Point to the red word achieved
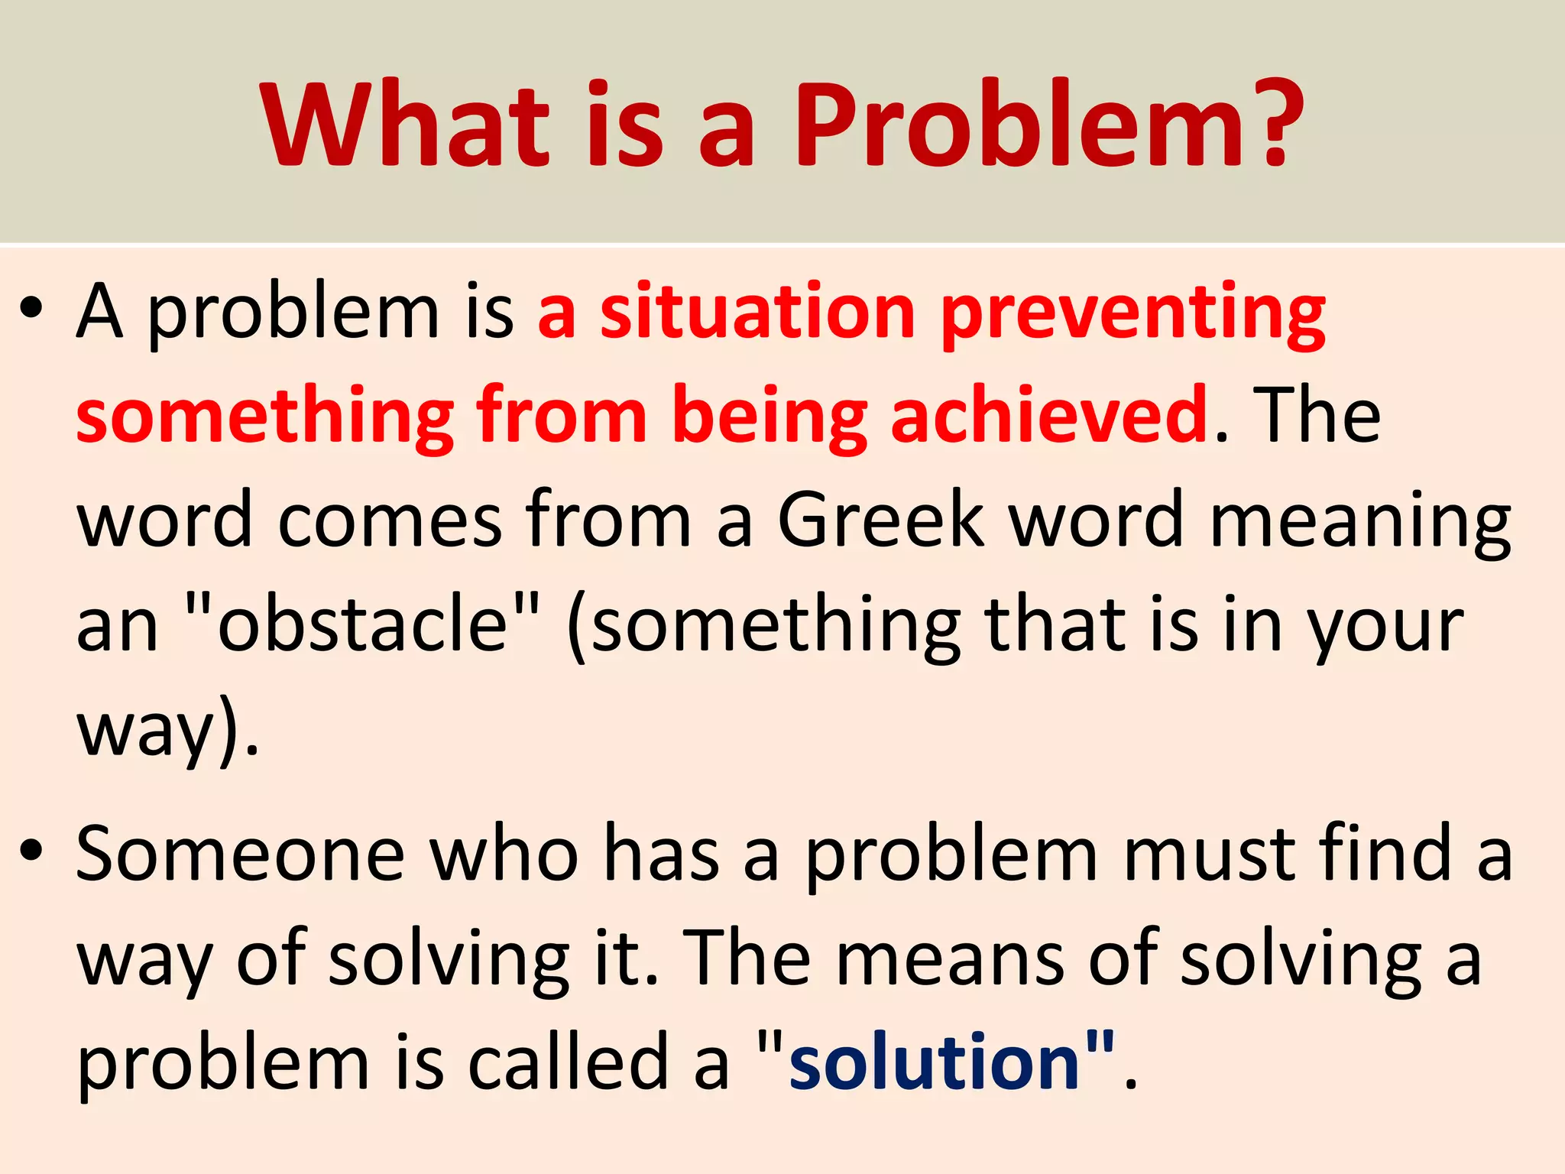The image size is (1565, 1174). pyautogui.click(x=1050, y=417)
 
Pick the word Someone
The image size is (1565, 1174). pyautogui.click(x=240, y=855)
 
